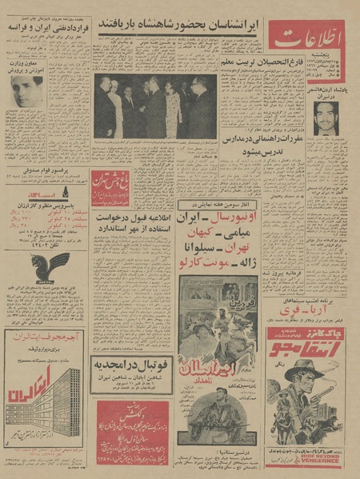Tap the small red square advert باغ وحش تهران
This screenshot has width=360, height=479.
pyautogui.click(x=110, y=187)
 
